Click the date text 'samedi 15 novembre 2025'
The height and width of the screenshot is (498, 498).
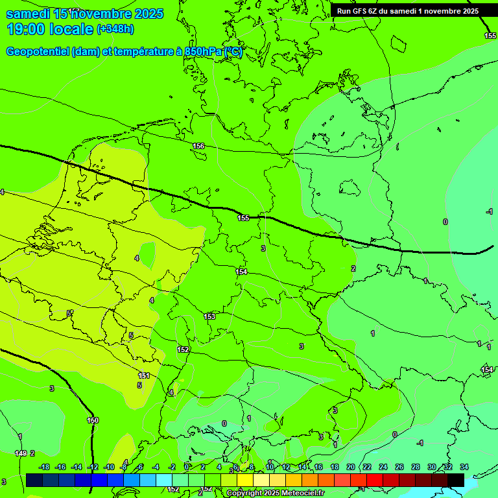84,14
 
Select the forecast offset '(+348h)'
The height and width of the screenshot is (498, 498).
115,29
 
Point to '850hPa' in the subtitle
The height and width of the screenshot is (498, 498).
202,52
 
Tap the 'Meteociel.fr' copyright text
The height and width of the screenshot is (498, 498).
298,493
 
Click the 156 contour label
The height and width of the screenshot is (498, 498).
198,146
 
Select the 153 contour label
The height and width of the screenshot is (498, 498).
209,316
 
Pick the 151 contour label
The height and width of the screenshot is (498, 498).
144,375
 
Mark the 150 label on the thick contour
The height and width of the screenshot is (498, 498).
93,420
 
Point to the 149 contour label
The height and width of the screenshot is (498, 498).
21,453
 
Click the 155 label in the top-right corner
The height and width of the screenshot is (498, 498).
490,36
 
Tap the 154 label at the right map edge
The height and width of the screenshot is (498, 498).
486,370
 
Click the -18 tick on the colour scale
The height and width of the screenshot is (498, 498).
44,467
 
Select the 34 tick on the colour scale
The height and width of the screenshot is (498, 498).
464,467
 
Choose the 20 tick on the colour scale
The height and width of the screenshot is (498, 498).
350,467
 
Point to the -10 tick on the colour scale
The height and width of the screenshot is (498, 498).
108,467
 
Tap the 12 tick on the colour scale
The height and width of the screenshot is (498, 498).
286,467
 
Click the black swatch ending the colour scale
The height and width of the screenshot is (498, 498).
456,480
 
